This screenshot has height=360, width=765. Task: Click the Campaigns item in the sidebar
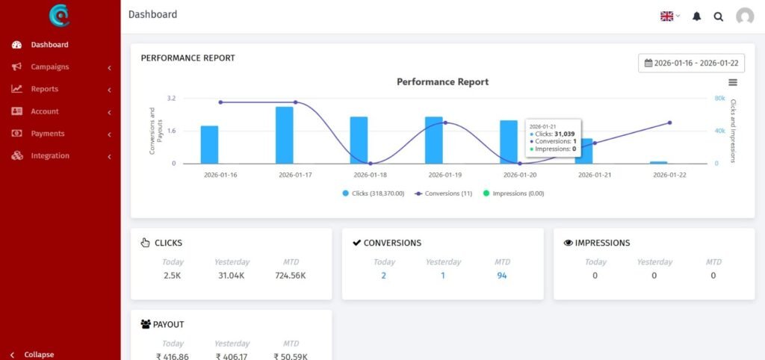pyautogui.click(x=49, y=67)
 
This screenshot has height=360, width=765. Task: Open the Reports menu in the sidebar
pyautogui.click(x=44, y=89)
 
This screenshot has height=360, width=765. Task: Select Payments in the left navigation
pyautogui.click(x=47, y=134)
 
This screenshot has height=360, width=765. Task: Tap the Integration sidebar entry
pyautogui.click(x=49, y=156)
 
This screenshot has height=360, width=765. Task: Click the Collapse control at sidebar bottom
pyautogui.click(x=38, y=354)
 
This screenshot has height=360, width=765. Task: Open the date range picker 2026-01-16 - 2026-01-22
pyautogui.click(x=691, y=63)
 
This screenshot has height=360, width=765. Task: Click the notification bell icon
pyautogui.click(x=696, y=16)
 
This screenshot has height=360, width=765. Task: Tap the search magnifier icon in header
pyautogui.click(x=718, y=16)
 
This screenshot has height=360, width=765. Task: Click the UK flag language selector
pyautogui.click(x=669, y=16)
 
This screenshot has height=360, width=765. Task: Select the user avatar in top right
pyautogui.click(x=744, y=16)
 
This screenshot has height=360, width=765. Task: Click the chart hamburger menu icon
pyautogui.click(x=732, y=82)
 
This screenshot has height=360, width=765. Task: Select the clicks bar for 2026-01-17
pyautogui.click(x=284, y=135)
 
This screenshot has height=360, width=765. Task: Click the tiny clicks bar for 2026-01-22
pyautogui.click(x=658, y=162)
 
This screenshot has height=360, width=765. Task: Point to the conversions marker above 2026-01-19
pyautogui.click(x=445, y=122)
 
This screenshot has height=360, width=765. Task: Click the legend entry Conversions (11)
pyautogui.click(x=443, y=193)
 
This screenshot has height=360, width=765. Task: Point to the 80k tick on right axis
pyautogui.click(x=720, y=98)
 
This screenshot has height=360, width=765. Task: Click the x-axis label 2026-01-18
pyautogui.click(x=370, y=175)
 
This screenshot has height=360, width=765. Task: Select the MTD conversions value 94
pyautogui.click(x=502, y=276)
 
